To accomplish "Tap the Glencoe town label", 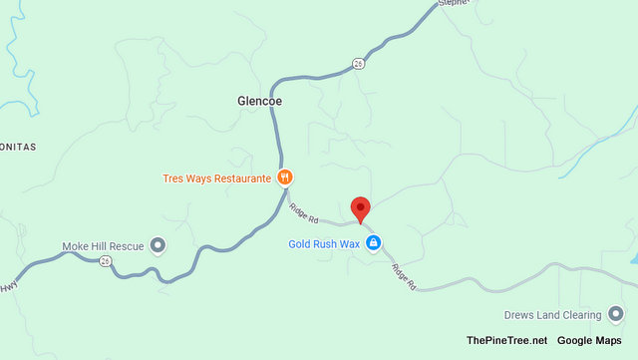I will coord(261,101).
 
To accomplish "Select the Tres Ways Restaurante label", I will coord(216,179).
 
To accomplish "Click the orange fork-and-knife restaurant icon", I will coord(285,179).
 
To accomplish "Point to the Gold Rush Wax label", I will coord(323,243).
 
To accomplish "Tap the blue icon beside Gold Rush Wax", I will coord(373,243).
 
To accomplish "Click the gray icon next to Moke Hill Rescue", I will coord(158,245).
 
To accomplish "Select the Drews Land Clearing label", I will coord(553,313).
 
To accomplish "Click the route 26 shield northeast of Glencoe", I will coord(358,65).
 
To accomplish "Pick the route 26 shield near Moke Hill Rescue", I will coord(105,261).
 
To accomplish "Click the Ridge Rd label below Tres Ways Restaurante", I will coord(303,212).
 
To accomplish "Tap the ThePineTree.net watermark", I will coord(506,341).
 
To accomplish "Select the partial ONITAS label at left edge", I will coord(18,147).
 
